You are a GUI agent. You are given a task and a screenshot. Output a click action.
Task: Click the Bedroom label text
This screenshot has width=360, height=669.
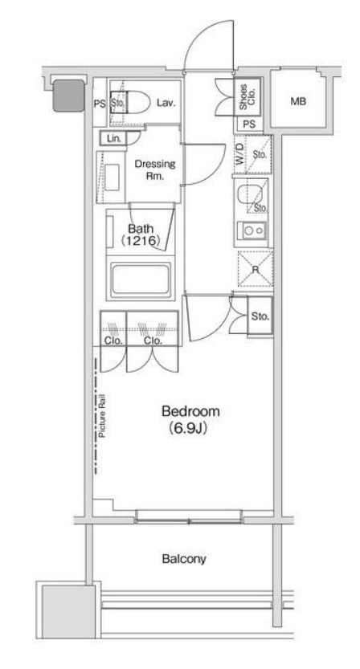pos(191,412)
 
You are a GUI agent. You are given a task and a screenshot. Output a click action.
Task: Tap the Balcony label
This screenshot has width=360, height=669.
pos(184,559)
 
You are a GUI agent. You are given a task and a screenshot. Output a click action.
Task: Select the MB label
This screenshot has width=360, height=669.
pos(298,102)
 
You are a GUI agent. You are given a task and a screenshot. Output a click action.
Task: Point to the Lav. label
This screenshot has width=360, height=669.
pos(166,103)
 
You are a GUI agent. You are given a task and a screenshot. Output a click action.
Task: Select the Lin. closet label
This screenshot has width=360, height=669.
pos(114,139)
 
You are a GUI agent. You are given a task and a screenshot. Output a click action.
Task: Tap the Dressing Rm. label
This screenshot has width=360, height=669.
pos(154,170)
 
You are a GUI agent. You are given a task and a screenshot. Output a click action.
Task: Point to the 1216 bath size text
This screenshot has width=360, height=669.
pos(140,241)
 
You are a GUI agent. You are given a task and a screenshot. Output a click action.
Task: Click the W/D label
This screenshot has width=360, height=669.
pos(240,154)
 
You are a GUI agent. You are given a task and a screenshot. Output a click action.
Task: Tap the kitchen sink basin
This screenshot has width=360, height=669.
pos(247,195)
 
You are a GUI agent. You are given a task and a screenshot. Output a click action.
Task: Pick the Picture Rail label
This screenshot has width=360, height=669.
pos(102,417)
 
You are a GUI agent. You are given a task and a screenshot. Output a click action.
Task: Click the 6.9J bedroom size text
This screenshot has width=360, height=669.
pos(188,428)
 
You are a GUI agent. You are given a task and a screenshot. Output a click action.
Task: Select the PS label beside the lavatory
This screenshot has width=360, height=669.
pos(100,104)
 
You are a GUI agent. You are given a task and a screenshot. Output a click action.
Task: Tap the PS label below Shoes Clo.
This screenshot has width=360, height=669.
pos(249,124)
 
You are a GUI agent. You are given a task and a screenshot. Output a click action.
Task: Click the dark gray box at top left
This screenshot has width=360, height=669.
pos(68,96)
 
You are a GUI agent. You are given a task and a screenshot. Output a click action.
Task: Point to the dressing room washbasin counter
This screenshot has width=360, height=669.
pos(111,176)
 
